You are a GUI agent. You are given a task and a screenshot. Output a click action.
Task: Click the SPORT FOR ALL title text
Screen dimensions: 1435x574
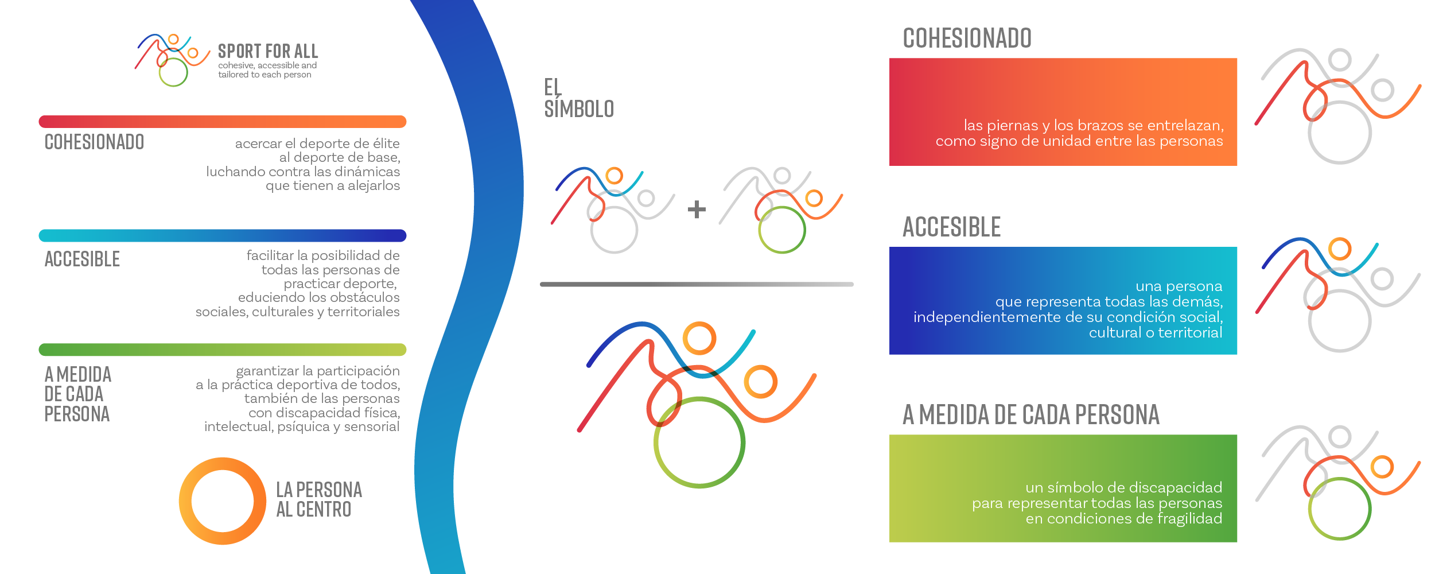pos(268,51)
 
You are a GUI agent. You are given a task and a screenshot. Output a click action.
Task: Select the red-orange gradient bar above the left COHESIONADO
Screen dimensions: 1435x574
pos(223,122)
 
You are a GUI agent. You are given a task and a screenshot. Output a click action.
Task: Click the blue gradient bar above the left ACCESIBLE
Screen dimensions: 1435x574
pos(223,236)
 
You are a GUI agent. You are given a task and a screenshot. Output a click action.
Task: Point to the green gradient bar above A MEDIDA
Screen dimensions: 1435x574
pos(223,350)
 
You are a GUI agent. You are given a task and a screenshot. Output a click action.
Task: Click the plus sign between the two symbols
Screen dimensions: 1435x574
pos(697,209)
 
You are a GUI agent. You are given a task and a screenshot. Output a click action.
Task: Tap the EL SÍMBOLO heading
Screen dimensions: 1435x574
pos(579,98)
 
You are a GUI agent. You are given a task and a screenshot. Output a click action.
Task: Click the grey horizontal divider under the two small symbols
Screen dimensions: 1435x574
pos(697,284)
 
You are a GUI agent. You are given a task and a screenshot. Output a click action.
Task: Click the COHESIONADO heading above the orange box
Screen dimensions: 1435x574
pos(967,38)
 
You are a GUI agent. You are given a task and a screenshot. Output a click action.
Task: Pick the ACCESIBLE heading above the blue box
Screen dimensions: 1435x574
pos(952,227)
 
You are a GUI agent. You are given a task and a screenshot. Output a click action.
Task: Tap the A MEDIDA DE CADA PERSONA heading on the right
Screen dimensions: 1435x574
pos(1031,414)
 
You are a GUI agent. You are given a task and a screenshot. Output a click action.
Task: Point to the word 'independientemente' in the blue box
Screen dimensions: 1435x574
pos(987,317)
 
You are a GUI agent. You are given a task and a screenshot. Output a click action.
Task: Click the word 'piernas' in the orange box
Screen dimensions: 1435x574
pos(1013,126)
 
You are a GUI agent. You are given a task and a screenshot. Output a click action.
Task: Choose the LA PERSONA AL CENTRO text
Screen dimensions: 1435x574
pos(319,499)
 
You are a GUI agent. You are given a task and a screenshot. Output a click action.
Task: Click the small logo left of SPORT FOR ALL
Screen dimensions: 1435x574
pos(173,60)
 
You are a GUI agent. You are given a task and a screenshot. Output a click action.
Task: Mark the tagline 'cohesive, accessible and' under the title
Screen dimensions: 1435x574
pos(267,65)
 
